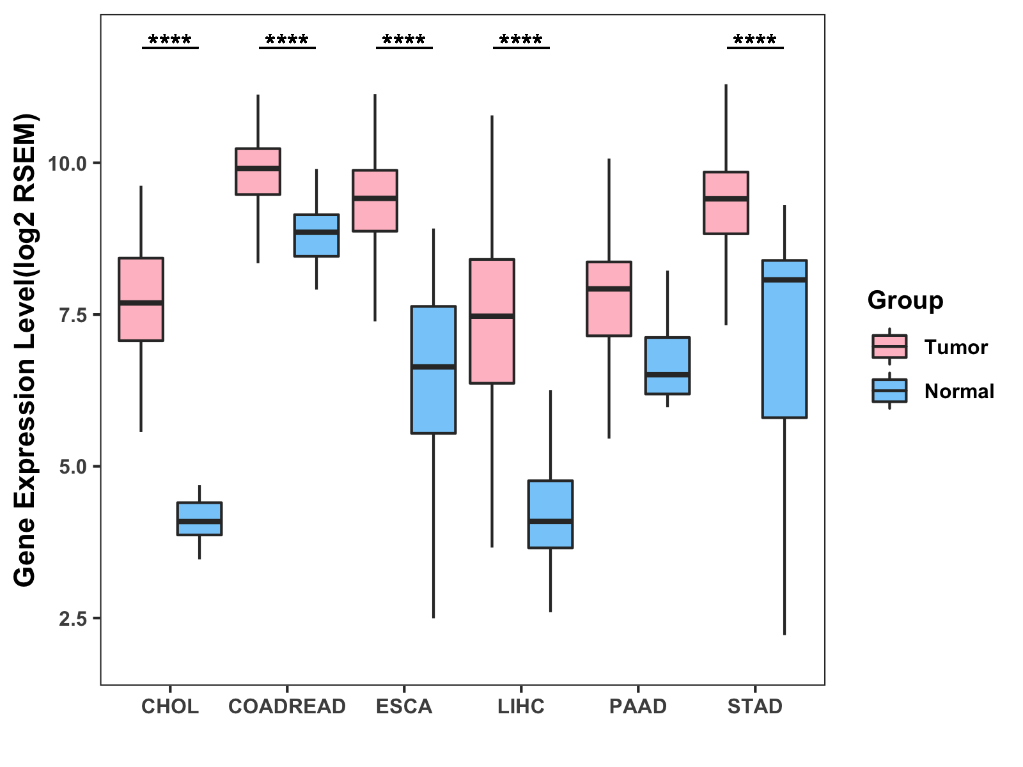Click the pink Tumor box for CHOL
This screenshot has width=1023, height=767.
[141, 299]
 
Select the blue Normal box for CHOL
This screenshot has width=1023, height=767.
[199, 518]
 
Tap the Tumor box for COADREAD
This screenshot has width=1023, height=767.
[258, 171]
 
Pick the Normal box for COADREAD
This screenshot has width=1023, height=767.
[316, 235]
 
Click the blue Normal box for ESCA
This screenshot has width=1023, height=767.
[433, 369]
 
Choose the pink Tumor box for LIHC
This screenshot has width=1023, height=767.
[492, 321]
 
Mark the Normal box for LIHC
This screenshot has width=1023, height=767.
[551, 514]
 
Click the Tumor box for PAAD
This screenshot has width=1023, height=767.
[609, 298]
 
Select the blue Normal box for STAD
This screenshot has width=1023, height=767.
[785, 339]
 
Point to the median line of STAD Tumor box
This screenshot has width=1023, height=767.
[726, 199]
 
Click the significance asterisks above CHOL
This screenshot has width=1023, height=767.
[170, 40]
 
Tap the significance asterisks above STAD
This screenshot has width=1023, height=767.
[755, 40]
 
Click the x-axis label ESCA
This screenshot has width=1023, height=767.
[404, 706]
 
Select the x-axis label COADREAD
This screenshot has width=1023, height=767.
[287, 706]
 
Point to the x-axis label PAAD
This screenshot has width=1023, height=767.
[638, 706]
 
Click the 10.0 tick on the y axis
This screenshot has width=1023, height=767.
[67, 163]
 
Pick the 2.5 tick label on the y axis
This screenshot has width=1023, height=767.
[72, 618]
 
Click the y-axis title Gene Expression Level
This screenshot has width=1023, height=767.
[26, 350]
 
